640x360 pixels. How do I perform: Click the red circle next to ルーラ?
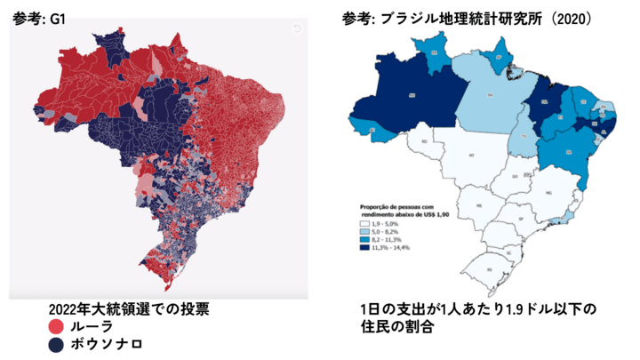click(58, 326)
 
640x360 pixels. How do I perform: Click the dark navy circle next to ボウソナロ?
click(58, 344)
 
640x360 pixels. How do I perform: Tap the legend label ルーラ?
click(92, 326)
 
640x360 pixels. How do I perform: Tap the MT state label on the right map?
click(471, 154)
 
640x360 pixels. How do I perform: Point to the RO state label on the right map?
click(425, 140)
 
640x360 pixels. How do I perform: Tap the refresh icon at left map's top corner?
click(297, 28)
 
